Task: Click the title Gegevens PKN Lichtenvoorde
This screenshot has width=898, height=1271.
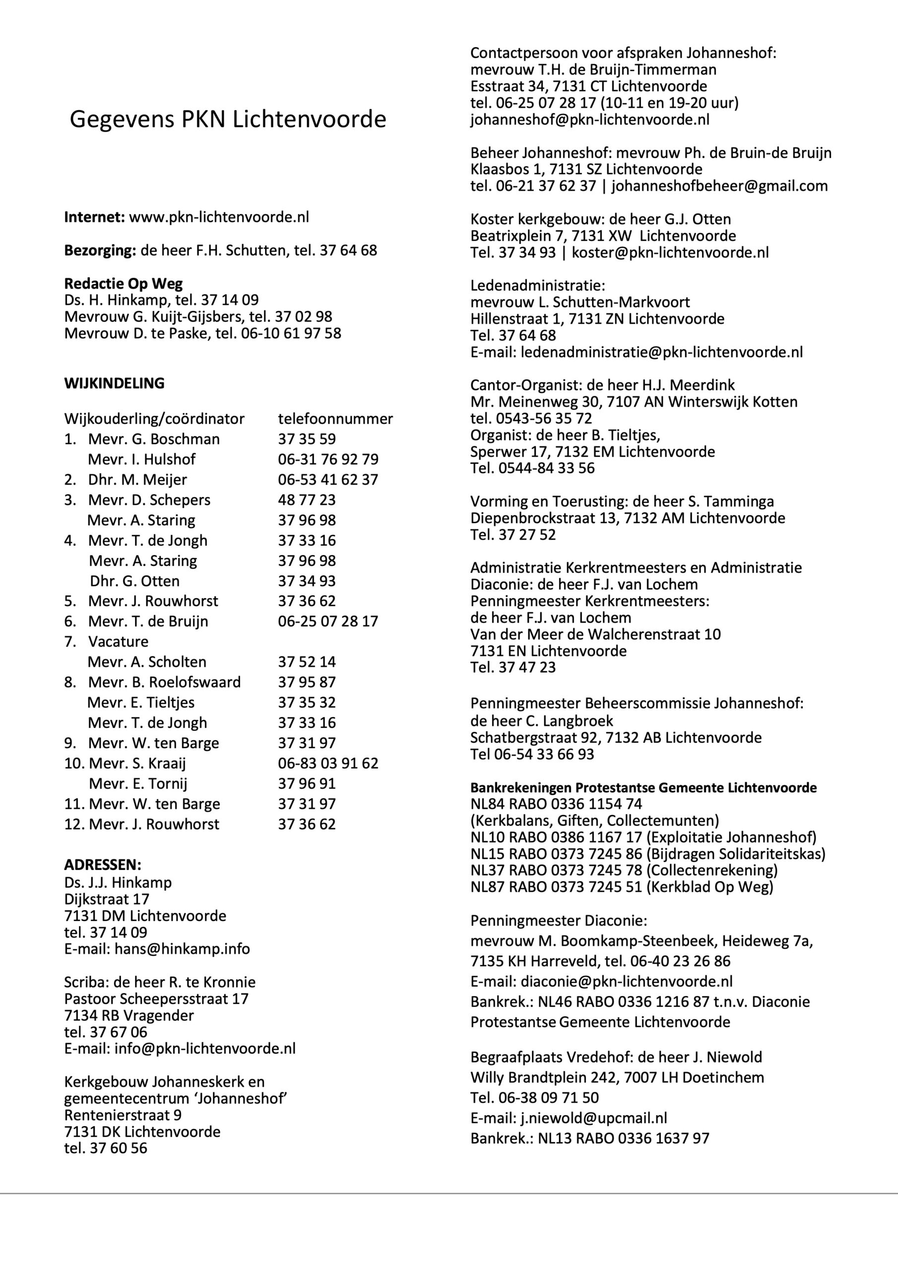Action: click(227, 120)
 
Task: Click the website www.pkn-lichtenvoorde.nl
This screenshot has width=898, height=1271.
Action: click(219, 217)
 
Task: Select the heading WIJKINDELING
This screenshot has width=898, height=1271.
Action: click(115, 383)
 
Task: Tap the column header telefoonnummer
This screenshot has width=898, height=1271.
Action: click(335, 419)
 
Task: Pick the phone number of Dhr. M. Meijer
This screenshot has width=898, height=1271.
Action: click(328, 480)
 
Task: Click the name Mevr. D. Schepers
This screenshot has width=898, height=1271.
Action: click(149, 500)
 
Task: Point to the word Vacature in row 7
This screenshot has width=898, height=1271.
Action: click(119, 641)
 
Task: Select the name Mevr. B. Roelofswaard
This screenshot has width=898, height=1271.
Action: click(164, 682)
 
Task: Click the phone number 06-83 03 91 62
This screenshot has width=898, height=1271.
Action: click(328, 764)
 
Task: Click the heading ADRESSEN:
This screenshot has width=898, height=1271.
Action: click(103, 865)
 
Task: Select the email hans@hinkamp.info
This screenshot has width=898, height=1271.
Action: click(182, 949)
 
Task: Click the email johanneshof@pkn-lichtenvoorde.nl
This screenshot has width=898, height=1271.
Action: click(590, 120)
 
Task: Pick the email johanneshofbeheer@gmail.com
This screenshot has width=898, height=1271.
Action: click(719, 186)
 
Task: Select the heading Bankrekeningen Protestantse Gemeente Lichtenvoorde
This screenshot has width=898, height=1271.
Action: click(643, 787)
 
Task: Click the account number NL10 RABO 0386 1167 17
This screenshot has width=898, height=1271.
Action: click(556, 837)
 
